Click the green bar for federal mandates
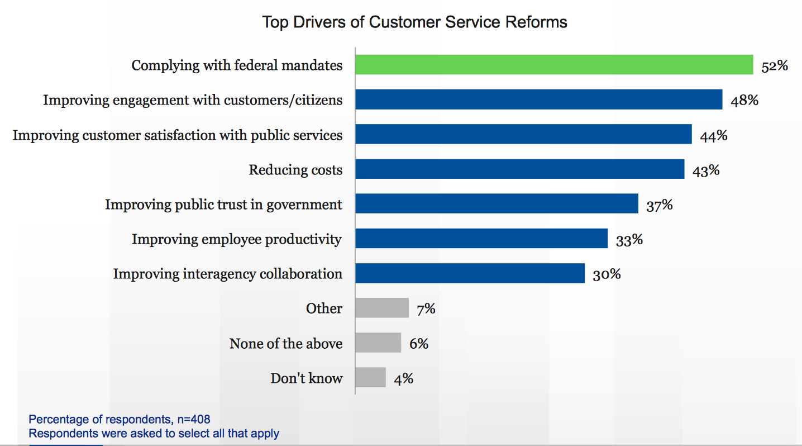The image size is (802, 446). [x=554, y=65]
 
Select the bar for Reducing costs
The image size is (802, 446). [x=519, y=169]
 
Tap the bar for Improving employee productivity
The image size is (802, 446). [x=481, y=239]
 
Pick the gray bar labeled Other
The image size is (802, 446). [x=382, y=308]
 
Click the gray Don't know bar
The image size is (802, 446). [x=370, y=377]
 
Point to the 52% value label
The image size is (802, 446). [x=774, y=66]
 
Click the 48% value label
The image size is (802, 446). [x=744, y=101]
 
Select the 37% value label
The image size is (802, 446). [x=659, y=205]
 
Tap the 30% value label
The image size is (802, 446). [x=606, y=274]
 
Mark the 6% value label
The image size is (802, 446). [x=418, y=344]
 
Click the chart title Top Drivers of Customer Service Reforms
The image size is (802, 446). [x=414, y=22]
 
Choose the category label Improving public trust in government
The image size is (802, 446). [x=223, y=205]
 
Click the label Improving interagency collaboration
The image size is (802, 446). [x=227, y=274]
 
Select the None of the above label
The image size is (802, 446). [x=285, y=343]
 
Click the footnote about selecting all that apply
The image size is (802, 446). [x=154, y=433]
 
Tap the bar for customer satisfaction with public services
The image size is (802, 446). [x=523, y=135]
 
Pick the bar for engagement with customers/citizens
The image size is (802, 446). [x=538, y=99]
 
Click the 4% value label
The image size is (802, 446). [x=403, y=378]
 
